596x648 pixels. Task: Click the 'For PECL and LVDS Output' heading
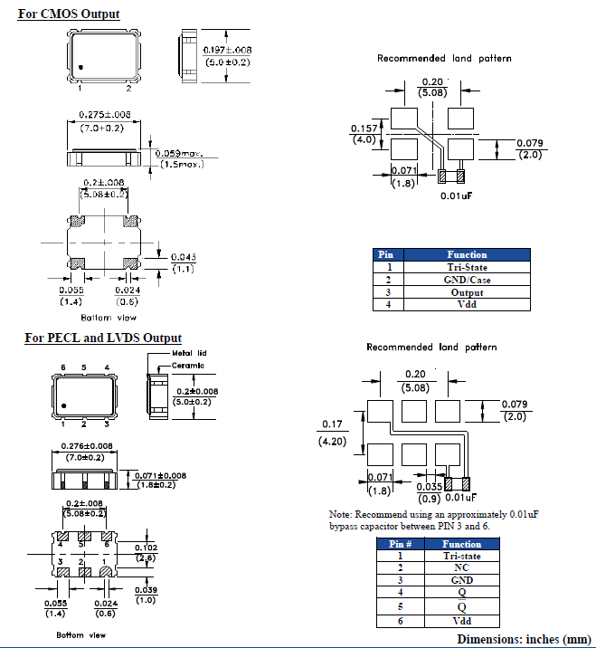103,338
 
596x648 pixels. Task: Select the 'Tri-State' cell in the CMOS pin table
467,267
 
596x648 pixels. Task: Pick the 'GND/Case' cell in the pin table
467,280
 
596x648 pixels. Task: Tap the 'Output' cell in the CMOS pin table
467,292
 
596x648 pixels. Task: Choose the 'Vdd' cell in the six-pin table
461,621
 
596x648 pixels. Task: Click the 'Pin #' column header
400,544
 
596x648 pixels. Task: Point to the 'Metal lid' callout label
189,353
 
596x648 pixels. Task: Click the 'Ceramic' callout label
188,365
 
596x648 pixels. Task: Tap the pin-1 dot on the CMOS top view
80,67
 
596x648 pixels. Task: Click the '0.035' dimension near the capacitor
429,485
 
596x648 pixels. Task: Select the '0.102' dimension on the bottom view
145,548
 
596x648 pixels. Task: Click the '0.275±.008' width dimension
105,114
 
